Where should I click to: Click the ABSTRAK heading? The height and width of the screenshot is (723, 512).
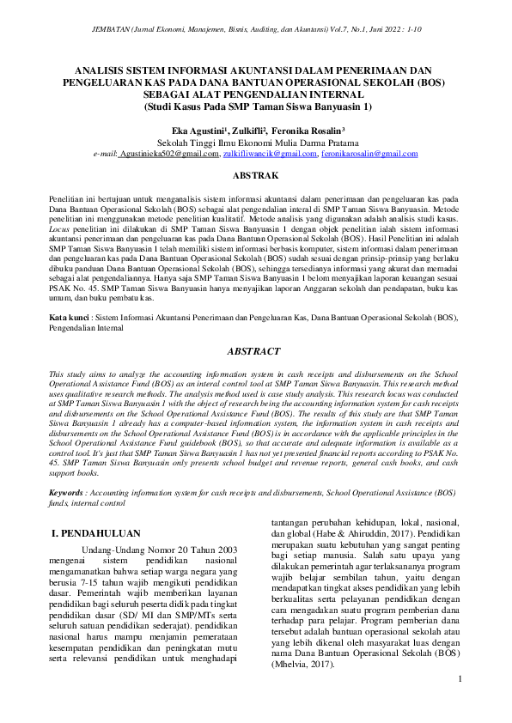256,175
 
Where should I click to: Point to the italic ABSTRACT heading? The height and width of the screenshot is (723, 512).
256,351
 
